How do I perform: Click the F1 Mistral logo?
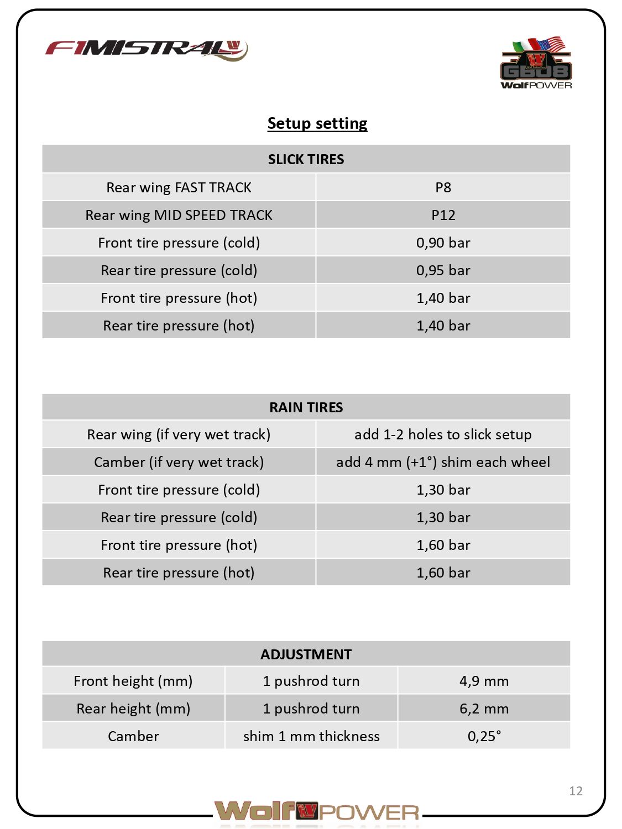point(147,49)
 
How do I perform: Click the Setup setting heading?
point(317,123)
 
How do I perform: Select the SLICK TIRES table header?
point(306,159)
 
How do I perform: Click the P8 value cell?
point(443,187)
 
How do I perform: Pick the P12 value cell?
point(443,215)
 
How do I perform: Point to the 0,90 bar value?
point(443,243)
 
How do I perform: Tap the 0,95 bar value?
point(443,270)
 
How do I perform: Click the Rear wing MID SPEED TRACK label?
point(179,215)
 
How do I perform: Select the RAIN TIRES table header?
point(306,407)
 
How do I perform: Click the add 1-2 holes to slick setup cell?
point(443,434)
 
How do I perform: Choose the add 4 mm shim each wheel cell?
point(443,462)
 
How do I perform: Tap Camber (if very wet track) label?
point(179,462)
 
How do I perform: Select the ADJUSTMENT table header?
point(306,654)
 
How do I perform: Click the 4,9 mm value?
point(484,681)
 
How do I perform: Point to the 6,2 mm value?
point(484,709)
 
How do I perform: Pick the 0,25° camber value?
point(484,736)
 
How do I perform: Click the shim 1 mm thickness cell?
point(311,736)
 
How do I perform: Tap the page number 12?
point(576,791)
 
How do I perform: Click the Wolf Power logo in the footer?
point(317,812)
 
